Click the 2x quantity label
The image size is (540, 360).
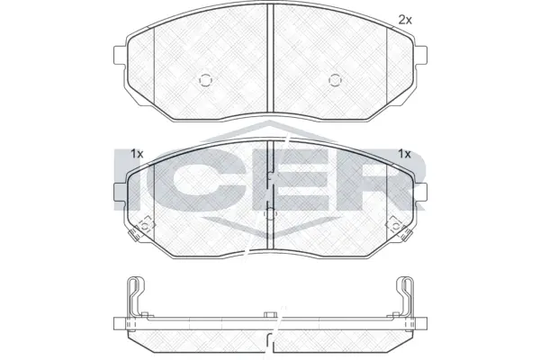[405, 19]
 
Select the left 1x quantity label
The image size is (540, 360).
[137, 153]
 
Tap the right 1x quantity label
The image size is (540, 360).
[405, 153]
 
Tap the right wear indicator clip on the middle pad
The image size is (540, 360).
[397, 229]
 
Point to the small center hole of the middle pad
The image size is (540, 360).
[270, 213]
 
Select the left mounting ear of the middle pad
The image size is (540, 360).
[118, 190]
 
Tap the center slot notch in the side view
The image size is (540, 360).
[270, 315]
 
